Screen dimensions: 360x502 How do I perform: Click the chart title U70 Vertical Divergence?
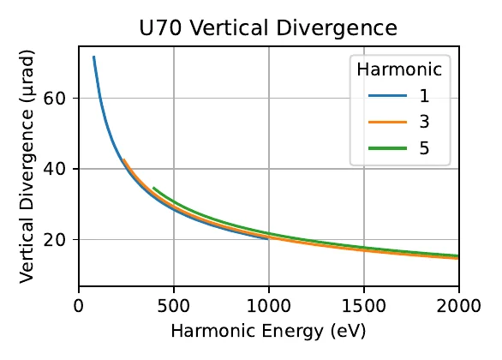point(268,28)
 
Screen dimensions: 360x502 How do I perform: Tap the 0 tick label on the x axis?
point(79,305)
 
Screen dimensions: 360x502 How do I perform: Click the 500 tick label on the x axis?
point(174,305)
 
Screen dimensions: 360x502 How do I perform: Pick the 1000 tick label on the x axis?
point(269,305)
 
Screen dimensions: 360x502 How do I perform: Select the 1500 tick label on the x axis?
point(364,305)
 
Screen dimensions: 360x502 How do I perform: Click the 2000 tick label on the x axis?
point(458,305)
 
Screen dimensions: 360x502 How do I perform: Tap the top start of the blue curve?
point(93,57)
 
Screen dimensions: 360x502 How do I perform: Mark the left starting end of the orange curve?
point(124,160)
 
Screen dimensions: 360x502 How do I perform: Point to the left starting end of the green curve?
point(153,188)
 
